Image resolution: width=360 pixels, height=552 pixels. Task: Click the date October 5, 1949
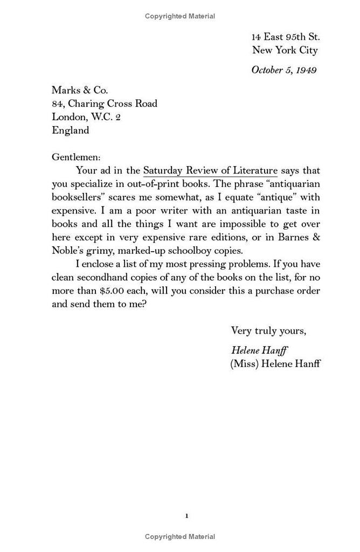click(283, 70)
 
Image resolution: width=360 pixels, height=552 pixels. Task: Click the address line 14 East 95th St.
click(286, 37)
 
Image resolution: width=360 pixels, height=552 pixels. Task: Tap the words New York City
click(285, 50)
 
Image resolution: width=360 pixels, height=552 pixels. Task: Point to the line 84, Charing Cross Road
click(105, 103)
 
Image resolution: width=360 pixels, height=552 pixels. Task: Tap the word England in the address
click(71, 130)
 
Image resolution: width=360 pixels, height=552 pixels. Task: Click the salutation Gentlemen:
click(76, 157)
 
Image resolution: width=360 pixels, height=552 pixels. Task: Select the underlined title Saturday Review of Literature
click(210, 170)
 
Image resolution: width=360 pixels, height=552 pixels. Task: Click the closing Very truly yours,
click(268, 330)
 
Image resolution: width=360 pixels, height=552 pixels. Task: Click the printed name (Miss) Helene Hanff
click(275, 363)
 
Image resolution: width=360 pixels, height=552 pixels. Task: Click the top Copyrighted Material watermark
click(180, 16)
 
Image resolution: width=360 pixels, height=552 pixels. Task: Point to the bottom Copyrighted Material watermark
click(180, 536)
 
